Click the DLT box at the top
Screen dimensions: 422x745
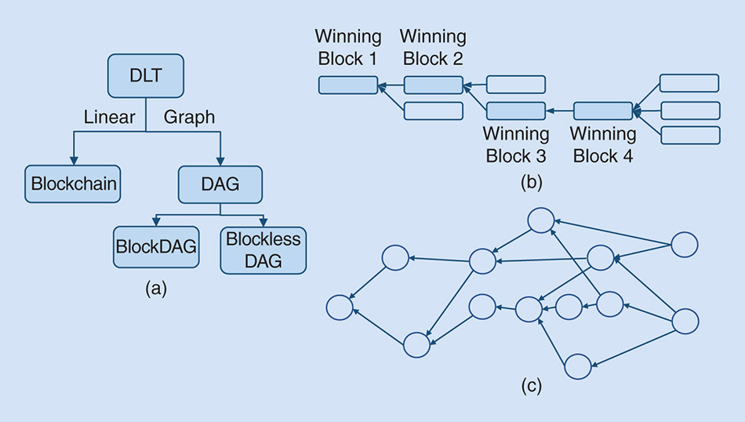[145, 75]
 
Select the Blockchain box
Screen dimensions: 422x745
[74, 184]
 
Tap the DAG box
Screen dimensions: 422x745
[220, 184]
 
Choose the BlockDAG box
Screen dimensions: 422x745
[156, 246]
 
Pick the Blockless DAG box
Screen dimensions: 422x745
[263, 250]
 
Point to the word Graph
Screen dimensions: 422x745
[189, 118]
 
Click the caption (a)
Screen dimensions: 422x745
[156, 289]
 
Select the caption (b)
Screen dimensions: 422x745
[531, 183]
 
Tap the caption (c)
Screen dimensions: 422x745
[531, 385]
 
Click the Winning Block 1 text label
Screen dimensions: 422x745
[348, 47]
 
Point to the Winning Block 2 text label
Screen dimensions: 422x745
[433, 47]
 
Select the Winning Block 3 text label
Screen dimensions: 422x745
[515, 144]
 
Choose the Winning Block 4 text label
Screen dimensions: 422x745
[602, 144]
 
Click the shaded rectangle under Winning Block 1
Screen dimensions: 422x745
[348, 85]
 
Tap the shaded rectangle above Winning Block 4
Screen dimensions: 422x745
[602, 111]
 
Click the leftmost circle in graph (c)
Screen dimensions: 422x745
[340, 307]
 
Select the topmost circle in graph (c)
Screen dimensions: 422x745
[541, 220]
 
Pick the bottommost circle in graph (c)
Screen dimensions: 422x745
[576, 366]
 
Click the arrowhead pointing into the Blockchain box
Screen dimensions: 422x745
[74, 161]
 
